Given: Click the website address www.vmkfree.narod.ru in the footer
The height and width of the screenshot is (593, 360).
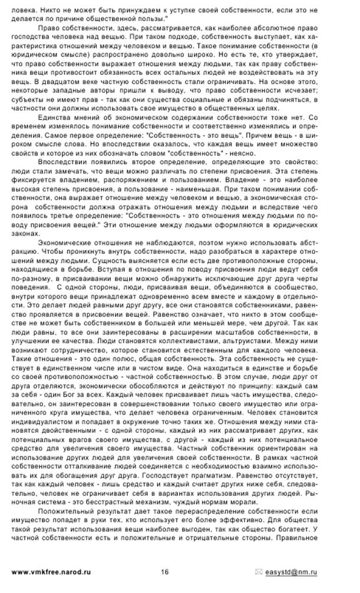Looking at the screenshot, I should (x=51, y=572).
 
